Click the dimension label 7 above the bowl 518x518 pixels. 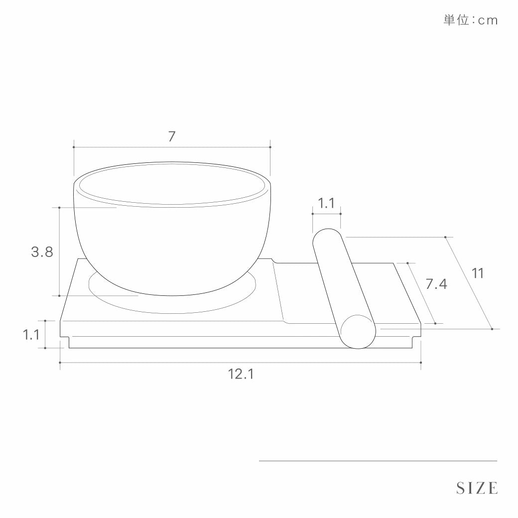[x=171, y=136]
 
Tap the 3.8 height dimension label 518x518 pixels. [x=42, y=252]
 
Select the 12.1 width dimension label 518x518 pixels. [x=241, y=374]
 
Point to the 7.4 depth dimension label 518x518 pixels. [x=436, y=284]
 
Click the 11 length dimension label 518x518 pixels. [x=477, y=273]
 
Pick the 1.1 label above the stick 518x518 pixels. [x=326, y=203]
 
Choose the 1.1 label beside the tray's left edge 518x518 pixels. [x=31, y=335]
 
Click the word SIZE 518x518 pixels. [x=477, y=488]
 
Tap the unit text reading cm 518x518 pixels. [x=488, y=21]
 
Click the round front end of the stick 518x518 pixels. [x=358, y=332]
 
